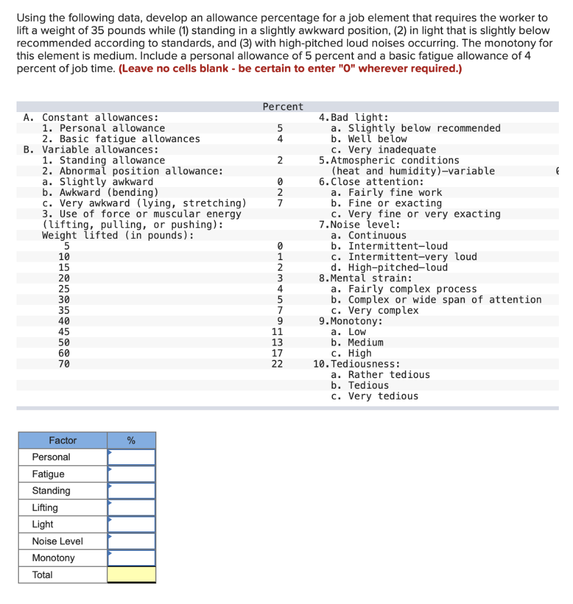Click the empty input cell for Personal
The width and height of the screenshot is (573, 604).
131,457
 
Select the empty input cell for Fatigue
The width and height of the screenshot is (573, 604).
131,474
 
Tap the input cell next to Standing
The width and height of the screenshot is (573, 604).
131,491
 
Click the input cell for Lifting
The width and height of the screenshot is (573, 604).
131,507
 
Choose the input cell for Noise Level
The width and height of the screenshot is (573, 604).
131,541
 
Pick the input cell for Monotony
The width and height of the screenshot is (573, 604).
131,558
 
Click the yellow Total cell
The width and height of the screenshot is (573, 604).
131,575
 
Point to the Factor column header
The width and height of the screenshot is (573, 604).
63,440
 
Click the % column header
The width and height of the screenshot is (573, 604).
131,440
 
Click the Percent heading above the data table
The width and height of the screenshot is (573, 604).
283,107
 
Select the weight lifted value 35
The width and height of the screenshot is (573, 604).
64,310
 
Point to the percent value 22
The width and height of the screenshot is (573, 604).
277,364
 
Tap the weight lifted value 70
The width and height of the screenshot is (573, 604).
64,364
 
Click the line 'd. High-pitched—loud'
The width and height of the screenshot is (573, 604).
389,268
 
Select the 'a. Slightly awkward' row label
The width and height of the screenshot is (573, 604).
97,182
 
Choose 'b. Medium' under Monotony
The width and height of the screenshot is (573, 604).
357,343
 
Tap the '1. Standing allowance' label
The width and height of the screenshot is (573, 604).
103,160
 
